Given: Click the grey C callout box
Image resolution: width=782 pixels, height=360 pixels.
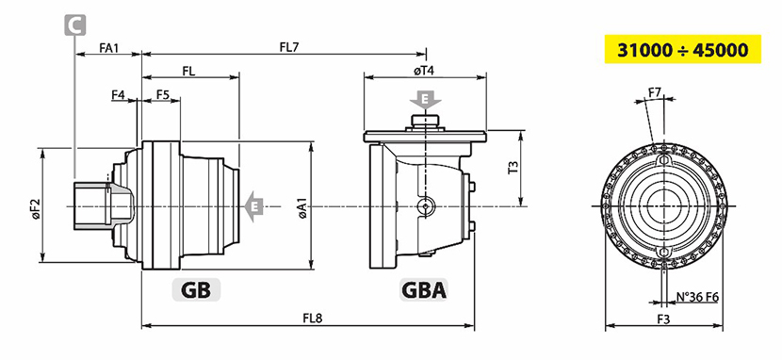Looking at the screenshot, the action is tap(74, 25).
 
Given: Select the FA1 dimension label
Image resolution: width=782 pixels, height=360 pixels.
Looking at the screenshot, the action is tap(109, 48).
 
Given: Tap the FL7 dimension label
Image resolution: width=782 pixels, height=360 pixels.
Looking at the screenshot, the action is tap(289, 47).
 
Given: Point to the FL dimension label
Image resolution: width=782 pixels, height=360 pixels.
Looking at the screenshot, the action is tap(188, 71).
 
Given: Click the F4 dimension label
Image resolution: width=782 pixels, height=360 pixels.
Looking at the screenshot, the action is tap(118, 94).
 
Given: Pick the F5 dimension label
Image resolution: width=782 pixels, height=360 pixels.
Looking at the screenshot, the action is tap(163, 94).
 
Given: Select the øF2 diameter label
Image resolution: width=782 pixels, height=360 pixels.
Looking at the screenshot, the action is tap(36, 211).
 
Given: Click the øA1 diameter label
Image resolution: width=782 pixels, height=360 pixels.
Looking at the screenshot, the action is tap(302, 207).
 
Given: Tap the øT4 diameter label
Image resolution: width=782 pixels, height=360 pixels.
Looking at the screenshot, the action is tap(424, 71).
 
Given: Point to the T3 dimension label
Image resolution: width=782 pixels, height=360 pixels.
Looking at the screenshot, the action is tap(513, 167).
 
